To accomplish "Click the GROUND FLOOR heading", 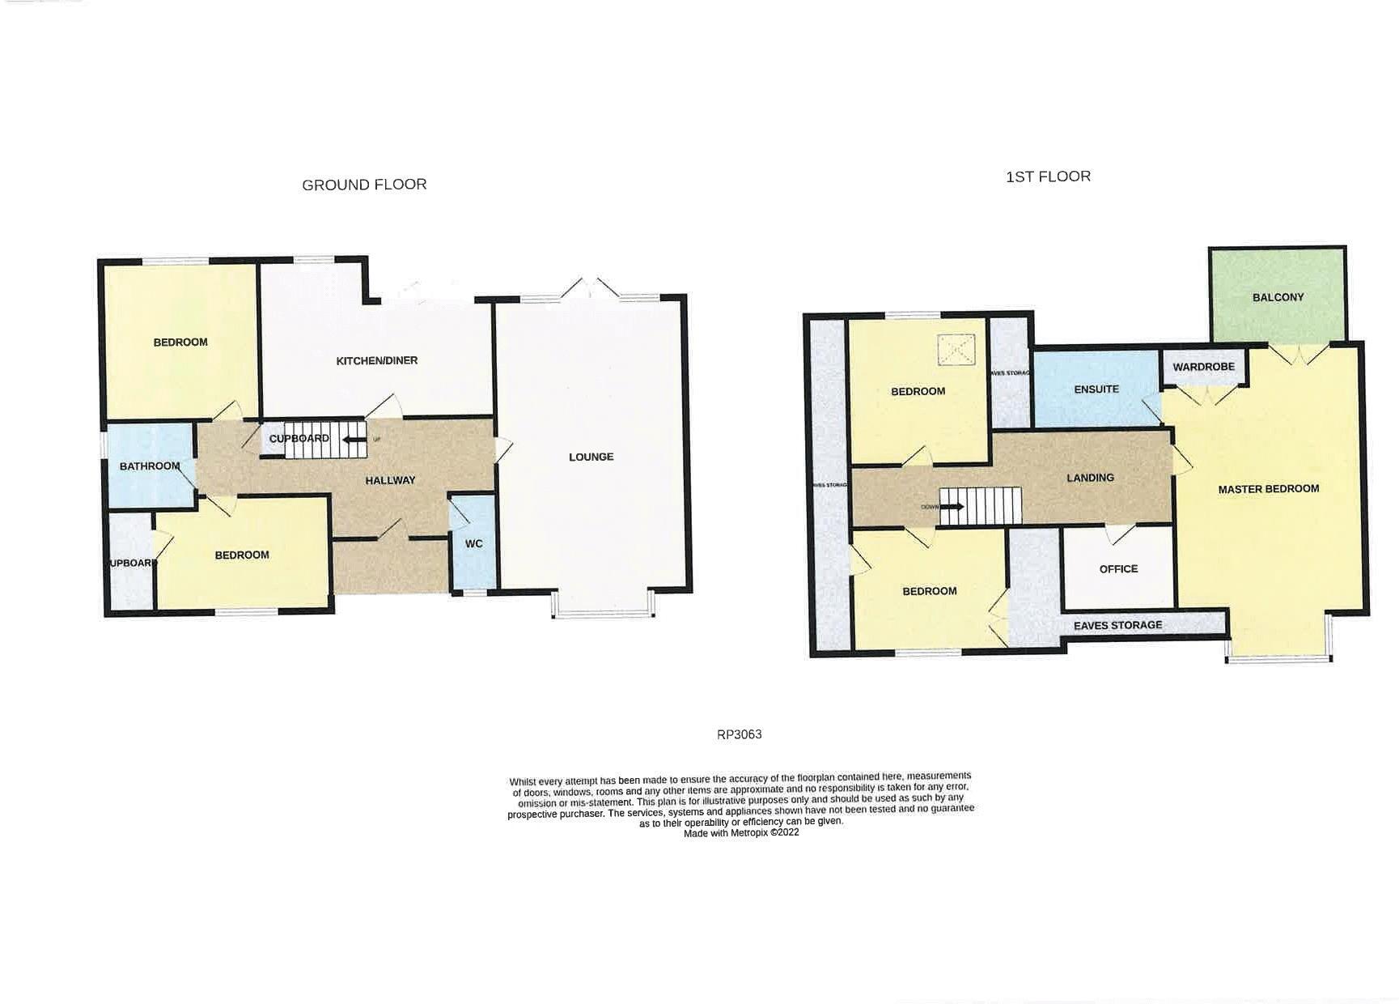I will (364, 185).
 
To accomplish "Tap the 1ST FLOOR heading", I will (1048, 177).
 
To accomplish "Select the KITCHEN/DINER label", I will (377, 360).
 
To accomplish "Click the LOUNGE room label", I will (591, 457).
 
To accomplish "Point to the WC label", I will (473, 543).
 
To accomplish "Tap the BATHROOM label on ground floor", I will (149, 466).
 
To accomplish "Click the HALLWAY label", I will (390, 480).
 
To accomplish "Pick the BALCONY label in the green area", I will (1278, 297).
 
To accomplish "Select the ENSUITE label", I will (1096, 389).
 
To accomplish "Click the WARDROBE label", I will (1203, 367).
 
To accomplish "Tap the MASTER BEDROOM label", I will (1268, 489).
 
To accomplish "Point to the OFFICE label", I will (1118, 569).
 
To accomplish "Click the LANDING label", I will (1090, 478).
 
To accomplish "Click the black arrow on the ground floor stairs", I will (354, 440).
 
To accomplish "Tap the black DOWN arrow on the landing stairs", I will (952, 508).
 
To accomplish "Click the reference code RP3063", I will (739, 735).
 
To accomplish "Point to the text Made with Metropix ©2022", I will (741, 832).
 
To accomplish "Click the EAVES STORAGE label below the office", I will (1117, 626).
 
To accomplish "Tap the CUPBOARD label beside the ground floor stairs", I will (299, 439).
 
